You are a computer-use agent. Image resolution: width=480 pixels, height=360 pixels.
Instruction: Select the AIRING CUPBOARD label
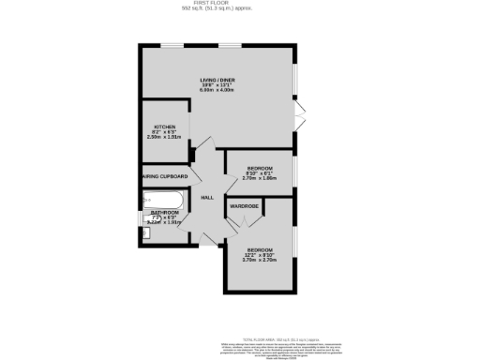click(x=165, y=176)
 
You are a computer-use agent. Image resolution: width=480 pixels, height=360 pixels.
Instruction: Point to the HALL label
click(x=207, y=197)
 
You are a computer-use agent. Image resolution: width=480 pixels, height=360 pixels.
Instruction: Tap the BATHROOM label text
click(x=165, y=213)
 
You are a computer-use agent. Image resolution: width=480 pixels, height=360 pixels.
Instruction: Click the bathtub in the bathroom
click(x=165, y=199)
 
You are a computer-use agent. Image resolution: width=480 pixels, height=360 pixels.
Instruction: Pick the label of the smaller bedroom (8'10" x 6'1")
click(x=260, y=168)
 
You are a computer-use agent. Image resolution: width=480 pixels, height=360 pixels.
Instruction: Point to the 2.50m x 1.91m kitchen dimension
click(x=165, y=138)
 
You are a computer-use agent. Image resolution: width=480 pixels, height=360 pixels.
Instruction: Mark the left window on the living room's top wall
click(x=170, y=46)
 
